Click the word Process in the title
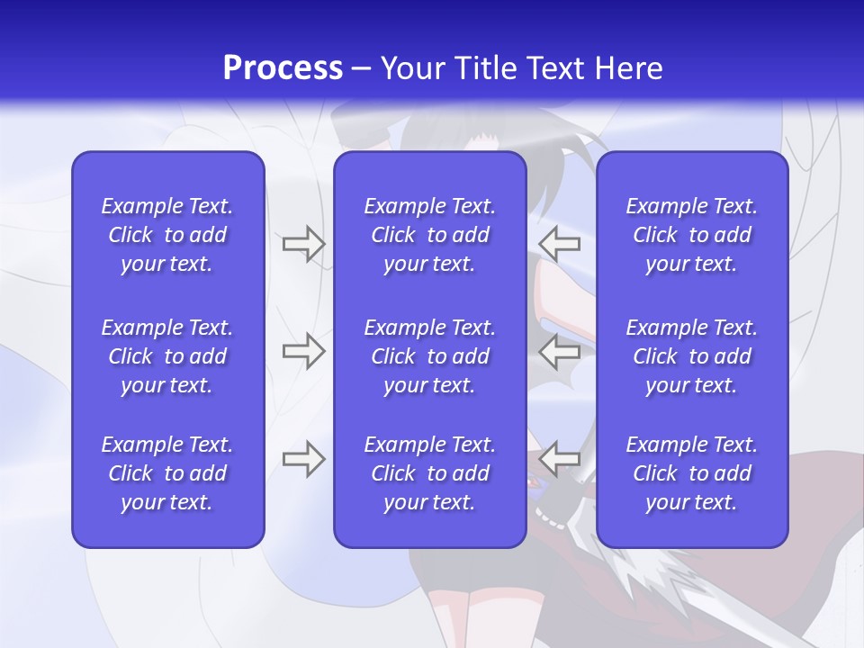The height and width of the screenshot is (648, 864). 283,68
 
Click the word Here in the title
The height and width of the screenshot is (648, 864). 628,68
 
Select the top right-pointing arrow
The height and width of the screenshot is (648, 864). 303,244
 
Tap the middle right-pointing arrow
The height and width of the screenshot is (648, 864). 303,351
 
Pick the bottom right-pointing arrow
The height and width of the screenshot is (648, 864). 303,459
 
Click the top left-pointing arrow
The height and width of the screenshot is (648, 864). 559,244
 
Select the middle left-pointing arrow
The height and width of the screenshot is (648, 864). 559,351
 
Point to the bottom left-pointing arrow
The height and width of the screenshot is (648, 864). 559,459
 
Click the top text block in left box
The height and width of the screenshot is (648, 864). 167,235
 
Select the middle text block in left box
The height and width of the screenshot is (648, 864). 167,356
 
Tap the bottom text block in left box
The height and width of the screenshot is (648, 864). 167,473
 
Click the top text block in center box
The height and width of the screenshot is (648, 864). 429,235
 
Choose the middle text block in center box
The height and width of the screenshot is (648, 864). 429,356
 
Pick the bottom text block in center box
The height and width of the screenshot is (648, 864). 429,473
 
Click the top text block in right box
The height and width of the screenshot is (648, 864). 691,235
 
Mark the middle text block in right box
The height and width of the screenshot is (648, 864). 691,356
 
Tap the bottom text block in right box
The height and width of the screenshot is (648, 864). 691,473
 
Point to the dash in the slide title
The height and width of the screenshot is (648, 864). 362,69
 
